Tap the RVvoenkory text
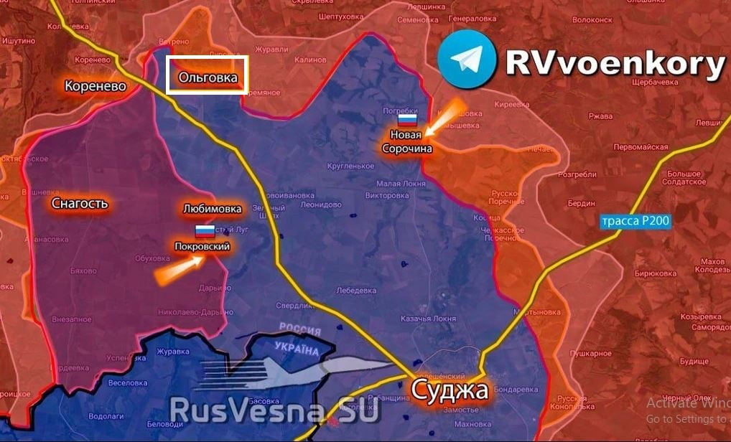coord(615,63)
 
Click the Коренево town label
coord(95,86)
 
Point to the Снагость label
coord(80,204)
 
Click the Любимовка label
coord(212,210)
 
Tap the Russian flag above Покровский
coord(205,231)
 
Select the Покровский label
coord(202,246)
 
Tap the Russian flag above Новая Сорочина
coord(408,120)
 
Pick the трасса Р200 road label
coord(635,222)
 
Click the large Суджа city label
coord(450,391)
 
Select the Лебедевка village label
coord(357,291)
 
